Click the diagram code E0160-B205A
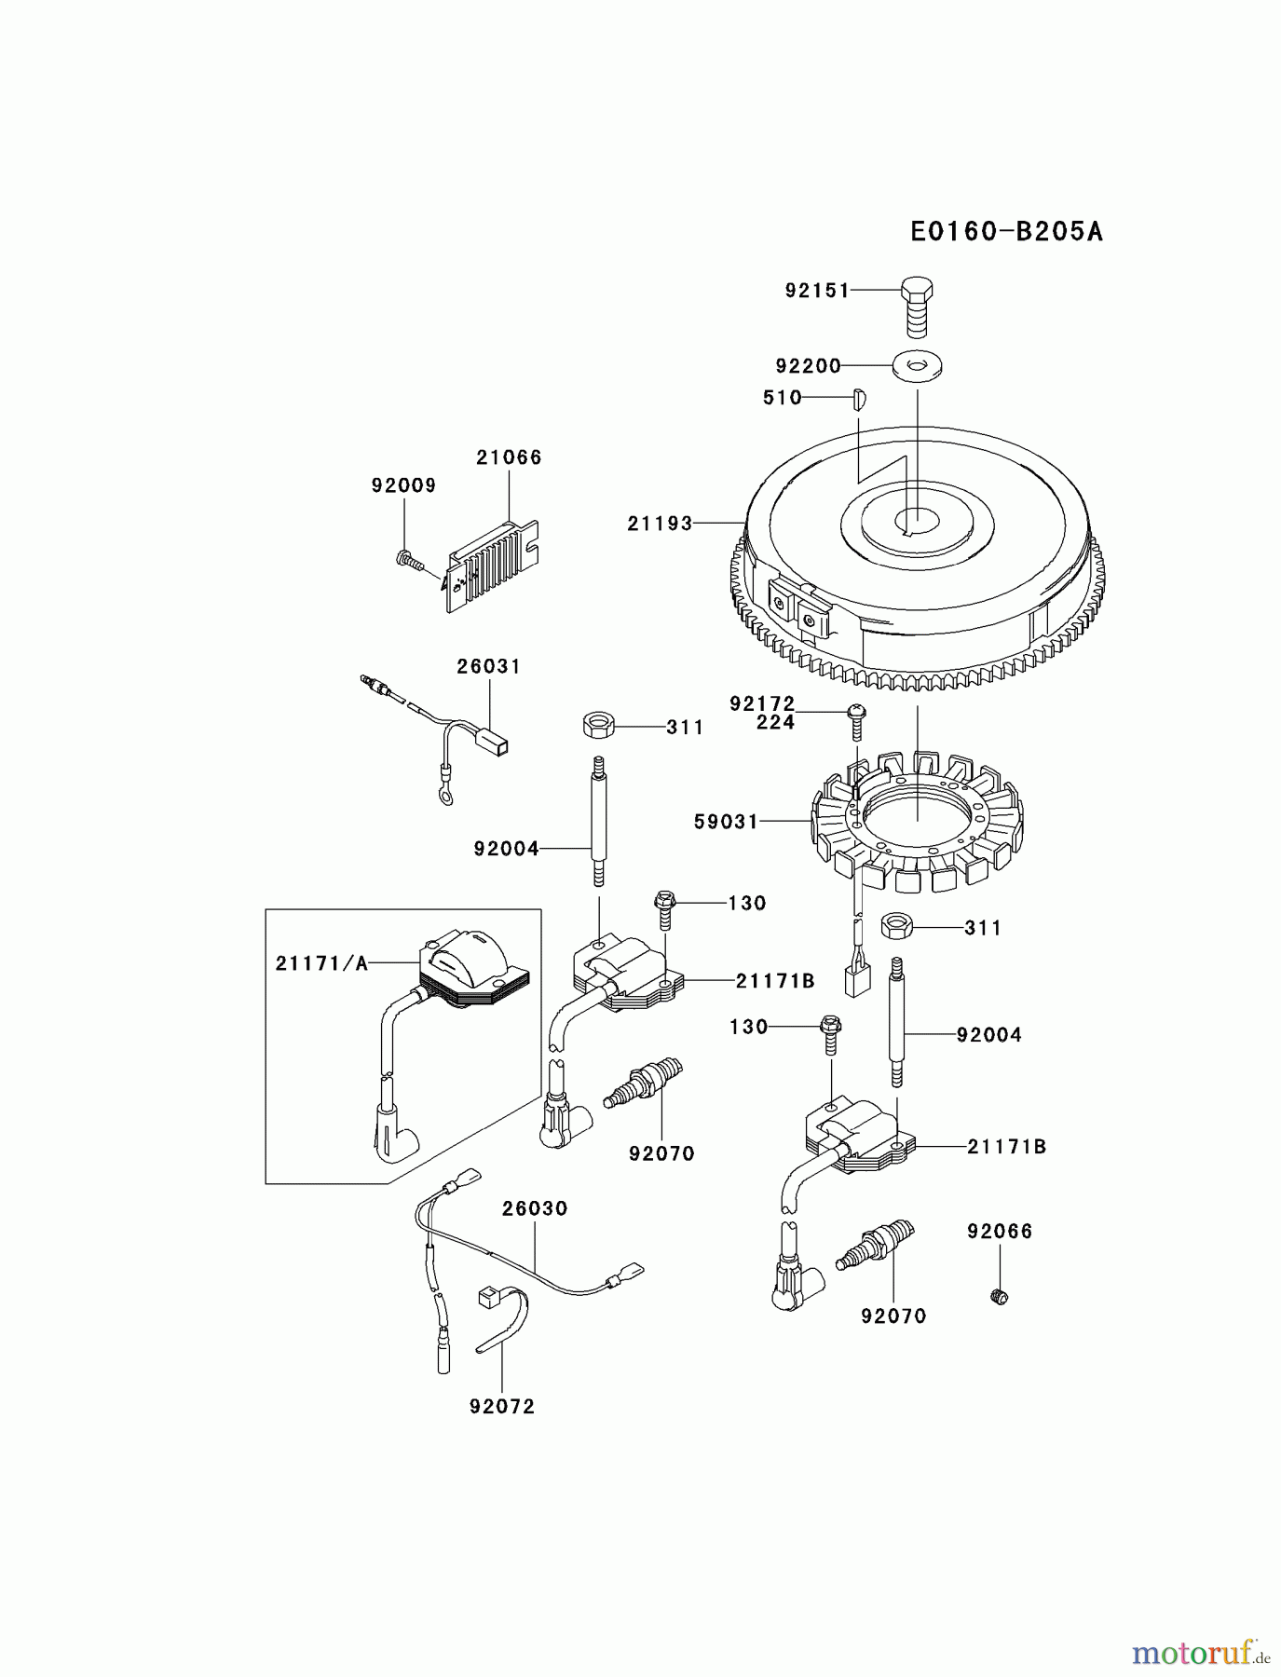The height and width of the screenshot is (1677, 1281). coord(1006,231)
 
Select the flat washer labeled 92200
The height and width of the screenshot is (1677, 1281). coord(917,366)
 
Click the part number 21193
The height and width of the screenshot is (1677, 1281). coord(660,524)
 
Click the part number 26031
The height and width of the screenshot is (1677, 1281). coord(488,666)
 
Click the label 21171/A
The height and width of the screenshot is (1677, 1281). coord(321,963)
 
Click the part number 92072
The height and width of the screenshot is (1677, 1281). coord(502,1406)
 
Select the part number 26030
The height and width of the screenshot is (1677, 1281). coord(534,1208)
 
